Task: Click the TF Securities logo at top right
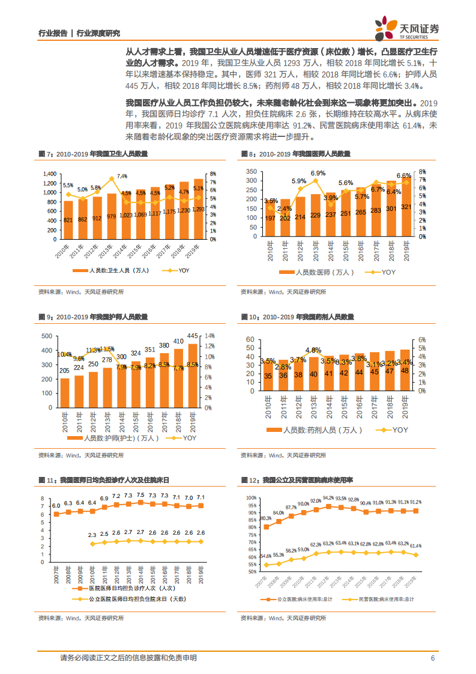406,28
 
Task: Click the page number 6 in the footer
432,658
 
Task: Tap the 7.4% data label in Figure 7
122,176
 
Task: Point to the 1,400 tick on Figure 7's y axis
49,174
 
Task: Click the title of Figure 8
295,154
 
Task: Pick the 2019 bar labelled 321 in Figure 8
406,206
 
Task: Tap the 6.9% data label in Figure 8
318,173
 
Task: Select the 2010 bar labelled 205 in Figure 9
65,392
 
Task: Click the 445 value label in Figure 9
193,336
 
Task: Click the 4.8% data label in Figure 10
313,350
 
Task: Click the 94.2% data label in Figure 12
328,498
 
